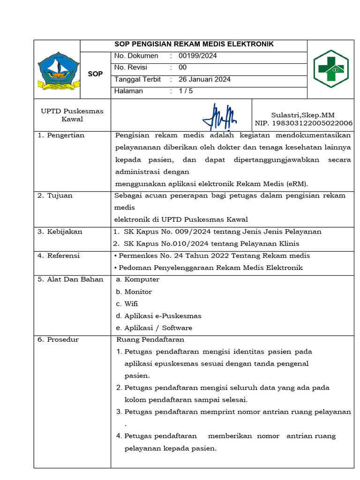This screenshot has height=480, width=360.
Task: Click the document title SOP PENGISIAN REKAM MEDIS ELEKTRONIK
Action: [x=194, y=45]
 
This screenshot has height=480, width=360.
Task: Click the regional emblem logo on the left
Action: [x=59, y=71]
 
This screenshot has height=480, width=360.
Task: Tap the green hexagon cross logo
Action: [x=330, y=69]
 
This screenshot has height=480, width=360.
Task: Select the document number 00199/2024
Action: [x=198, y=56]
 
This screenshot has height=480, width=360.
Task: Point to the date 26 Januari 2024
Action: [x=205, y=79]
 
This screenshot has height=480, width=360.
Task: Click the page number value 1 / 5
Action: [x=186, y=91]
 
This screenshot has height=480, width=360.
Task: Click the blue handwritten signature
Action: [x=219, y=116]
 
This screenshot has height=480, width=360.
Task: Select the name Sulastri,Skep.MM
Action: [x=303, y=115]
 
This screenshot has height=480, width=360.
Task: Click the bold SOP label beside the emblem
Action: [x=95, y=74]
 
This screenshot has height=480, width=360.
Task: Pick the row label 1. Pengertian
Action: [x=61, y=135]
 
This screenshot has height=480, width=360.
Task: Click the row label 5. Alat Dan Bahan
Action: [x=70, y=279]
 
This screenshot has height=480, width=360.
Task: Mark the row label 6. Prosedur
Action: [x=58, y=339]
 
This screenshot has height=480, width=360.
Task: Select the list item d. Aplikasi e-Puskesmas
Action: [x=158, y=316]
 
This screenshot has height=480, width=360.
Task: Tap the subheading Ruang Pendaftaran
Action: [x=150, y=339]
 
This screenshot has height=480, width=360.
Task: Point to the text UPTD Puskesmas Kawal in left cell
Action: [x=72, y=115]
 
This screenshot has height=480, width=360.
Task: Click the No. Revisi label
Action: [x=131, y=67]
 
